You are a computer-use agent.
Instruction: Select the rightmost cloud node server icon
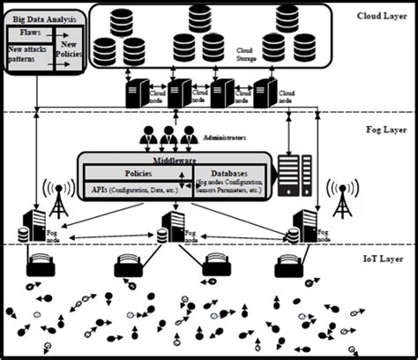262,92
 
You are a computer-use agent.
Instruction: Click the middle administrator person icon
168,136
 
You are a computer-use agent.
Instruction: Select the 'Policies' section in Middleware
136,173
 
